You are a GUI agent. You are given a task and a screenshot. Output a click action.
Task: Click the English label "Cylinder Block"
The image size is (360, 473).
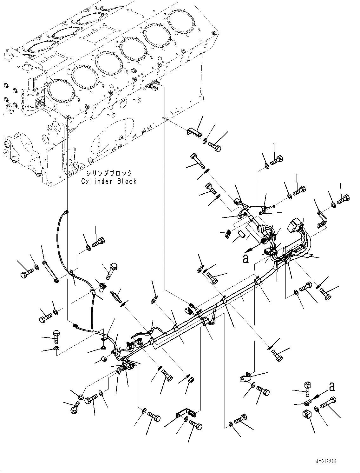(109, 181)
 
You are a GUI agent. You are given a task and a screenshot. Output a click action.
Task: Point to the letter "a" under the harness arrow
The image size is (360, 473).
(245, 259)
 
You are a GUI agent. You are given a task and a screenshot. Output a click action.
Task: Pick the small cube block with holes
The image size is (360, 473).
(306, 414)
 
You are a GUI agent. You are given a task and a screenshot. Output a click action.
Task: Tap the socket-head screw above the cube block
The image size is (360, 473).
(307, 388)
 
